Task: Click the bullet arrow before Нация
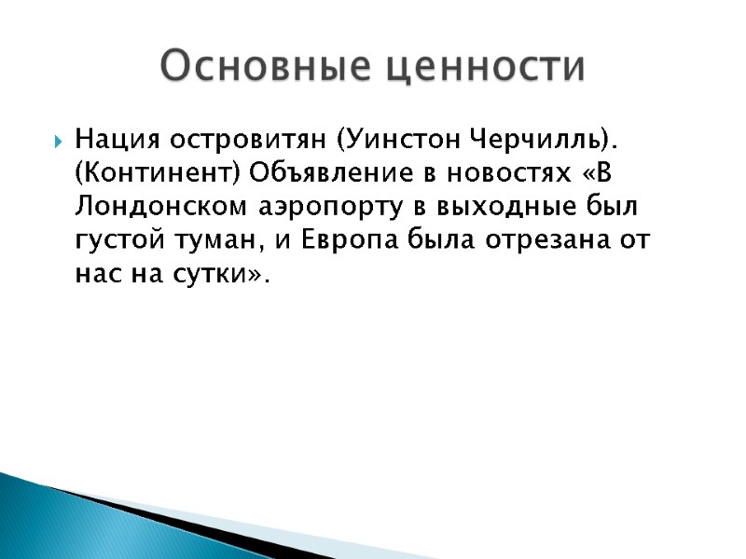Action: (59, 143)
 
